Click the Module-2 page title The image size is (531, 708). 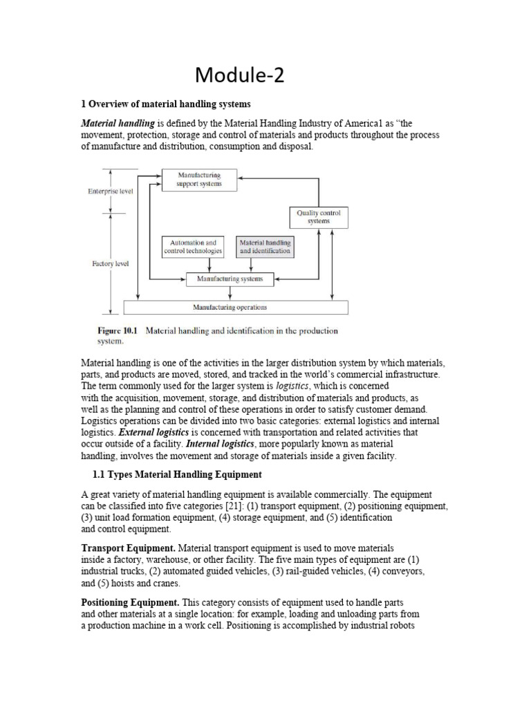click(x=239, y=74)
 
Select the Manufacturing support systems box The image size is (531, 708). click(x=199, y=180)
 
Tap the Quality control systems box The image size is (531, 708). click(x=319, y=216)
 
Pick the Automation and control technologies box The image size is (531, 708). click(x=193, y=247)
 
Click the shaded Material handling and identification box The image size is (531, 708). click(x=265, y=247)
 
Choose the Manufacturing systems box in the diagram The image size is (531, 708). click(x=230, y=279)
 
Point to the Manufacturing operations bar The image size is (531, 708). click(x=235, y=308)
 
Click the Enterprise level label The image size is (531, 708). click(x=111, y=192)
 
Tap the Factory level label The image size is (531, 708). click(x=110, y=263)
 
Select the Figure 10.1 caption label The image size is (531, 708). click(x=118, y=330)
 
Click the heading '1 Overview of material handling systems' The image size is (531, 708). click(x=166, y=104)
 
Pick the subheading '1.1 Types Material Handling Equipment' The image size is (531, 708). click(x=177, y=474)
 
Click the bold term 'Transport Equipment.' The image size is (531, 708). click(x=128, y=548)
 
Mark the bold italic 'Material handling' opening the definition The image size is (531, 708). click(x=118, y=123)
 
